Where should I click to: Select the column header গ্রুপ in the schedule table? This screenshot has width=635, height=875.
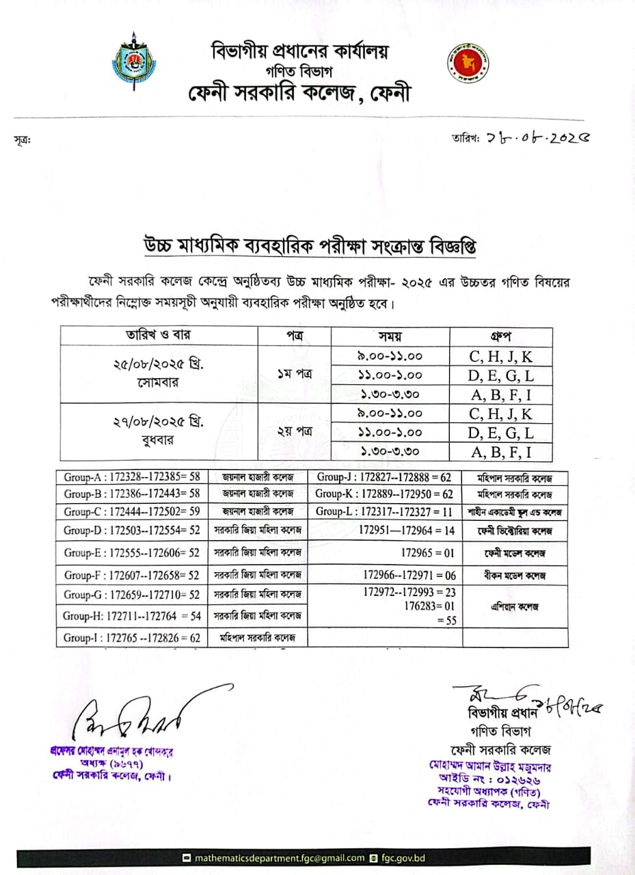click(501, 336)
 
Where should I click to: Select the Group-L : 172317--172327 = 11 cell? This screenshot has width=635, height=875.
click(384, 511)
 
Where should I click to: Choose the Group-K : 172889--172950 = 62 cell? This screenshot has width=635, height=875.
click(384, 494)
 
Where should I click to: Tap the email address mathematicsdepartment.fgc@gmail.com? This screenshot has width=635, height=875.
click(279, 858)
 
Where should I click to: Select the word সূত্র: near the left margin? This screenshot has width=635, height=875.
click(22, 140)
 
